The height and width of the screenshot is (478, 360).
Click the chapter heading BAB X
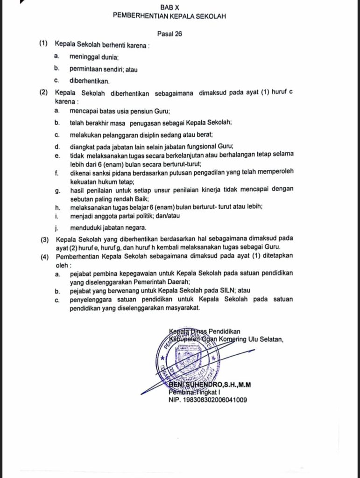[x=169, y=7]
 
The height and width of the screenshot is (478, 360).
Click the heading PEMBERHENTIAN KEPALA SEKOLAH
[x=169, y=16]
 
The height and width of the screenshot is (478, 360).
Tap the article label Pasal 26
[x=169, y=33]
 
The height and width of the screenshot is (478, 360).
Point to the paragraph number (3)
[x=45, y=239]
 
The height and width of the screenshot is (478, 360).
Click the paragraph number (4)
[x=45, y=256]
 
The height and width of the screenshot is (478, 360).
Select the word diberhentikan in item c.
[x=89, y=80]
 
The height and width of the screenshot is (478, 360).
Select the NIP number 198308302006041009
[x=207, y=400]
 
